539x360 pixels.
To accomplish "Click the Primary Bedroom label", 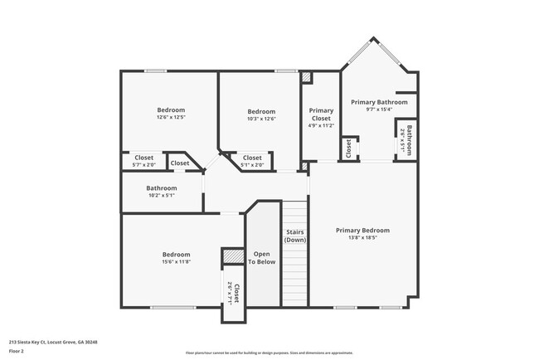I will pyautogui.click(x=362, y=230).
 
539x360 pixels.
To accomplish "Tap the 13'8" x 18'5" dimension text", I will pyautogui.click(x=362, y=237).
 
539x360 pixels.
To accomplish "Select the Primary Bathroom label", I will pyautogui.click(x=379, y=102).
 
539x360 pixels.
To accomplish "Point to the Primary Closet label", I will pyautogui.click(x=321, y=114).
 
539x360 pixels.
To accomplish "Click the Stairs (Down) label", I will pyautogui.click(x=295, y=236).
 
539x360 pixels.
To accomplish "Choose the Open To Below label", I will pyautogui.click(x=264, y=257).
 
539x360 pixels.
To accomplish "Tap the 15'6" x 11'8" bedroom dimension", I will pyautogui.click(x=176, y=262).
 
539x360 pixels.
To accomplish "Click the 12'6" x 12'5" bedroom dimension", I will pyautogui.click(x=171, y=118).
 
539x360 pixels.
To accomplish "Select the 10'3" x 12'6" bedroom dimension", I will pyautogui.click(x=261, y=119).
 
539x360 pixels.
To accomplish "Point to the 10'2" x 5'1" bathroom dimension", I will pyautogui.click(x=162, y=196).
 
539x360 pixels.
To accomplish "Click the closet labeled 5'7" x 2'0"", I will pyautogui.click(x=143, y=161).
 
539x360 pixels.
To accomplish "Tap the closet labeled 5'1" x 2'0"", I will pyautogui.click(x=252, y=161).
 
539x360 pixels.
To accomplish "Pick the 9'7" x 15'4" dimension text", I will pyautogui.click(x=379, y=109).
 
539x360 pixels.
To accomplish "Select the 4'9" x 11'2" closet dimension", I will pyautogui.click(x=321, y=126).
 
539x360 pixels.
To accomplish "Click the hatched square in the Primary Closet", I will pyautogui.click(x=306, y=78).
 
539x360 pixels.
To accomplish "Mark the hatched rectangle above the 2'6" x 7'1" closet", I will pyautogui.click(x=231, y=257).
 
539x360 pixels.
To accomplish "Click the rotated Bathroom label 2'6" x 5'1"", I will pyautogui.click(x=409, y=139).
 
